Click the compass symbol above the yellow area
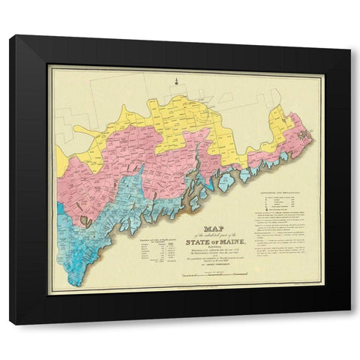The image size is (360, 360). click(173, 80)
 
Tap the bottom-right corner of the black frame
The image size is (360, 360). click(349, 324)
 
